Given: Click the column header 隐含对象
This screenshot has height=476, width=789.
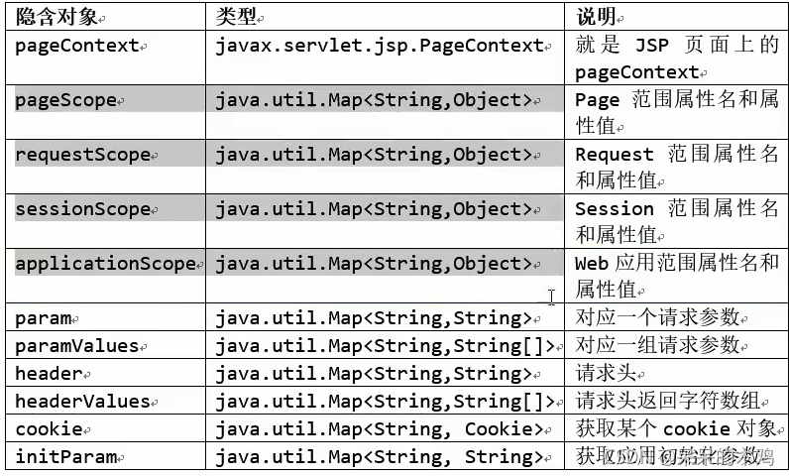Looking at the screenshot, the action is [x=56, y=18].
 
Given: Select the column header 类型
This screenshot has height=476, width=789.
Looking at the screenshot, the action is [x=238, y=18].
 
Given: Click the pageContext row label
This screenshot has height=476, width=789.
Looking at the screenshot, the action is [x=77, y=46].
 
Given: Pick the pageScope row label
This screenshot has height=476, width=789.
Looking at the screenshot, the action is [x=66, y=100].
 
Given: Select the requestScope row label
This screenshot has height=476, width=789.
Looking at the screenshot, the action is [x=83, y=155].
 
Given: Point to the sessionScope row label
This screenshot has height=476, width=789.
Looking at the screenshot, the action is [x=83, y=209].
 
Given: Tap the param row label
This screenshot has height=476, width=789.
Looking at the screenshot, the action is [x=44, y=318].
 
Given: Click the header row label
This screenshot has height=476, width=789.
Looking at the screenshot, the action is [x=49, y=374].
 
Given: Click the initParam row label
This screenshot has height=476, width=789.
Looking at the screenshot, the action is [x=66, y=457].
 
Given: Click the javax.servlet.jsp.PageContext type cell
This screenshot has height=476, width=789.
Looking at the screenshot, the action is [x=380, y=46].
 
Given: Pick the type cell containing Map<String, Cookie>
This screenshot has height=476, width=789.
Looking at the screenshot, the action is [x=379, y=429].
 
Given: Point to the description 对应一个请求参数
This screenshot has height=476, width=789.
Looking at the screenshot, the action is [x=657, y=318].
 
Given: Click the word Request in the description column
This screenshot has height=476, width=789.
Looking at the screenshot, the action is [x=615, y=155].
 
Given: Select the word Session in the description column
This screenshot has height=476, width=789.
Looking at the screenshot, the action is [x=615, y=209].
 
